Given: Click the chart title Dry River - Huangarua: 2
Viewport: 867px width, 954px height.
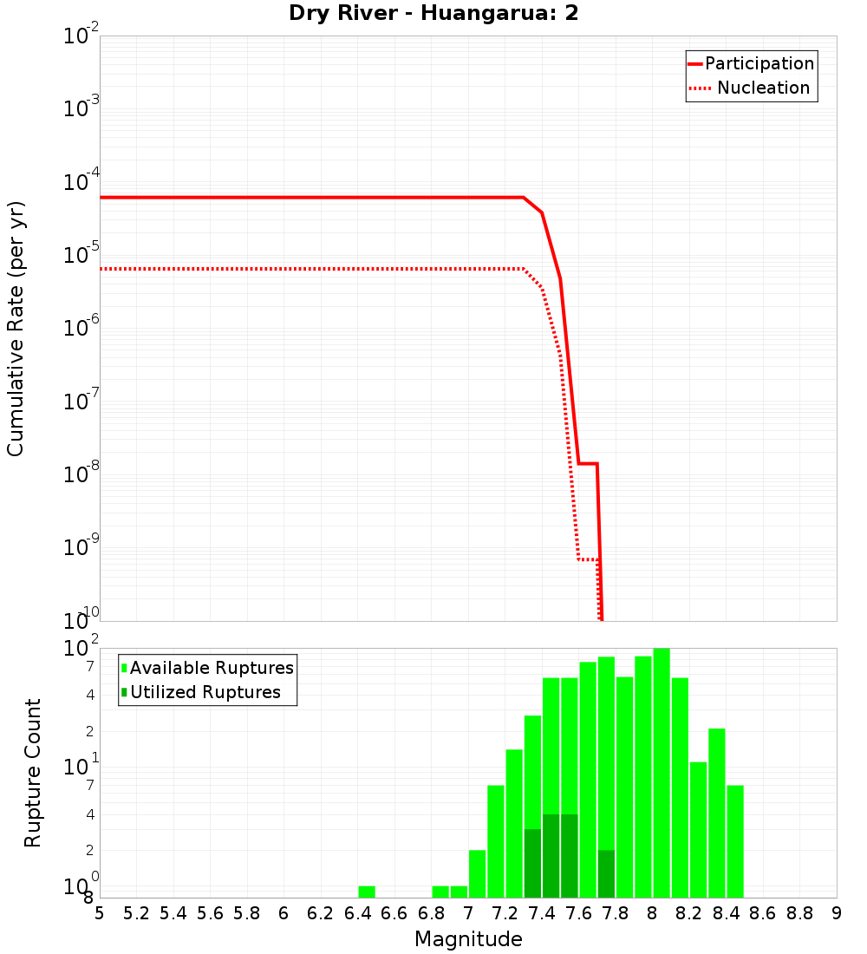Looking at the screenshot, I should point(433,13).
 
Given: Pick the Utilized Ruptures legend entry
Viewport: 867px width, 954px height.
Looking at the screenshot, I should point(205,692).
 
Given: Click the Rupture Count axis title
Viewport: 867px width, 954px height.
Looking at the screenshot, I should point(33,773).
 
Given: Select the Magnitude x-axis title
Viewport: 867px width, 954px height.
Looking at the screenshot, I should point(468,939).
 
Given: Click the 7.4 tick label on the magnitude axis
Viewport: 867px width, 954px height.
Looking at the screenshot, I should point(542,913).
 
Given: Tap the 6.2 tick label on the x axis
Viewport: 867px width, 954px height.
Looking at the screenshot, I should point(321,913).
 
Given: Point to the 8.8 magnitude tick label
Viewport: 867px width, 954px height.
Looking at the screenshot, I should point(799,913).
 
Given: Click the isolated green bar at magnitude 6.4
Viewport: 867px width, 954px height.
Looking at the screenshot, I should point(367,892).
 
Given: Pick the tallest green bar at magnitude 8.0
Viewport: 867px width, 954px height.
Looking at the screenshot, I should point(662,772).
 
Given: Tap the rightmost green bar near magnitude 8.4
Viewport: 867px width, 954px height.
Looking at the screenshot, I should point(735,841).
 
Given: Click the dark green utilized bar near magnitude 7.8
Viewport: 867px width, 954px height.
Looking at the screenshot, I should point(606,873).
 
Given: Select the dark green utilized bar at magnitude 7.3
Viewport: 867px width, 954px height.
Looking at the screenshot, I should point(532,863).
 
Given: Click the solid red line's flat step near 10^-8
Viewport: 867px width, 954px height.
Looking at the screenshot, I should point(588,463).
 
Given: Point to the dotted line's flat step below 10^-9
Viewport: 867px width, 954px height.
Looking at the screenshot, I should point(587,559).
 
